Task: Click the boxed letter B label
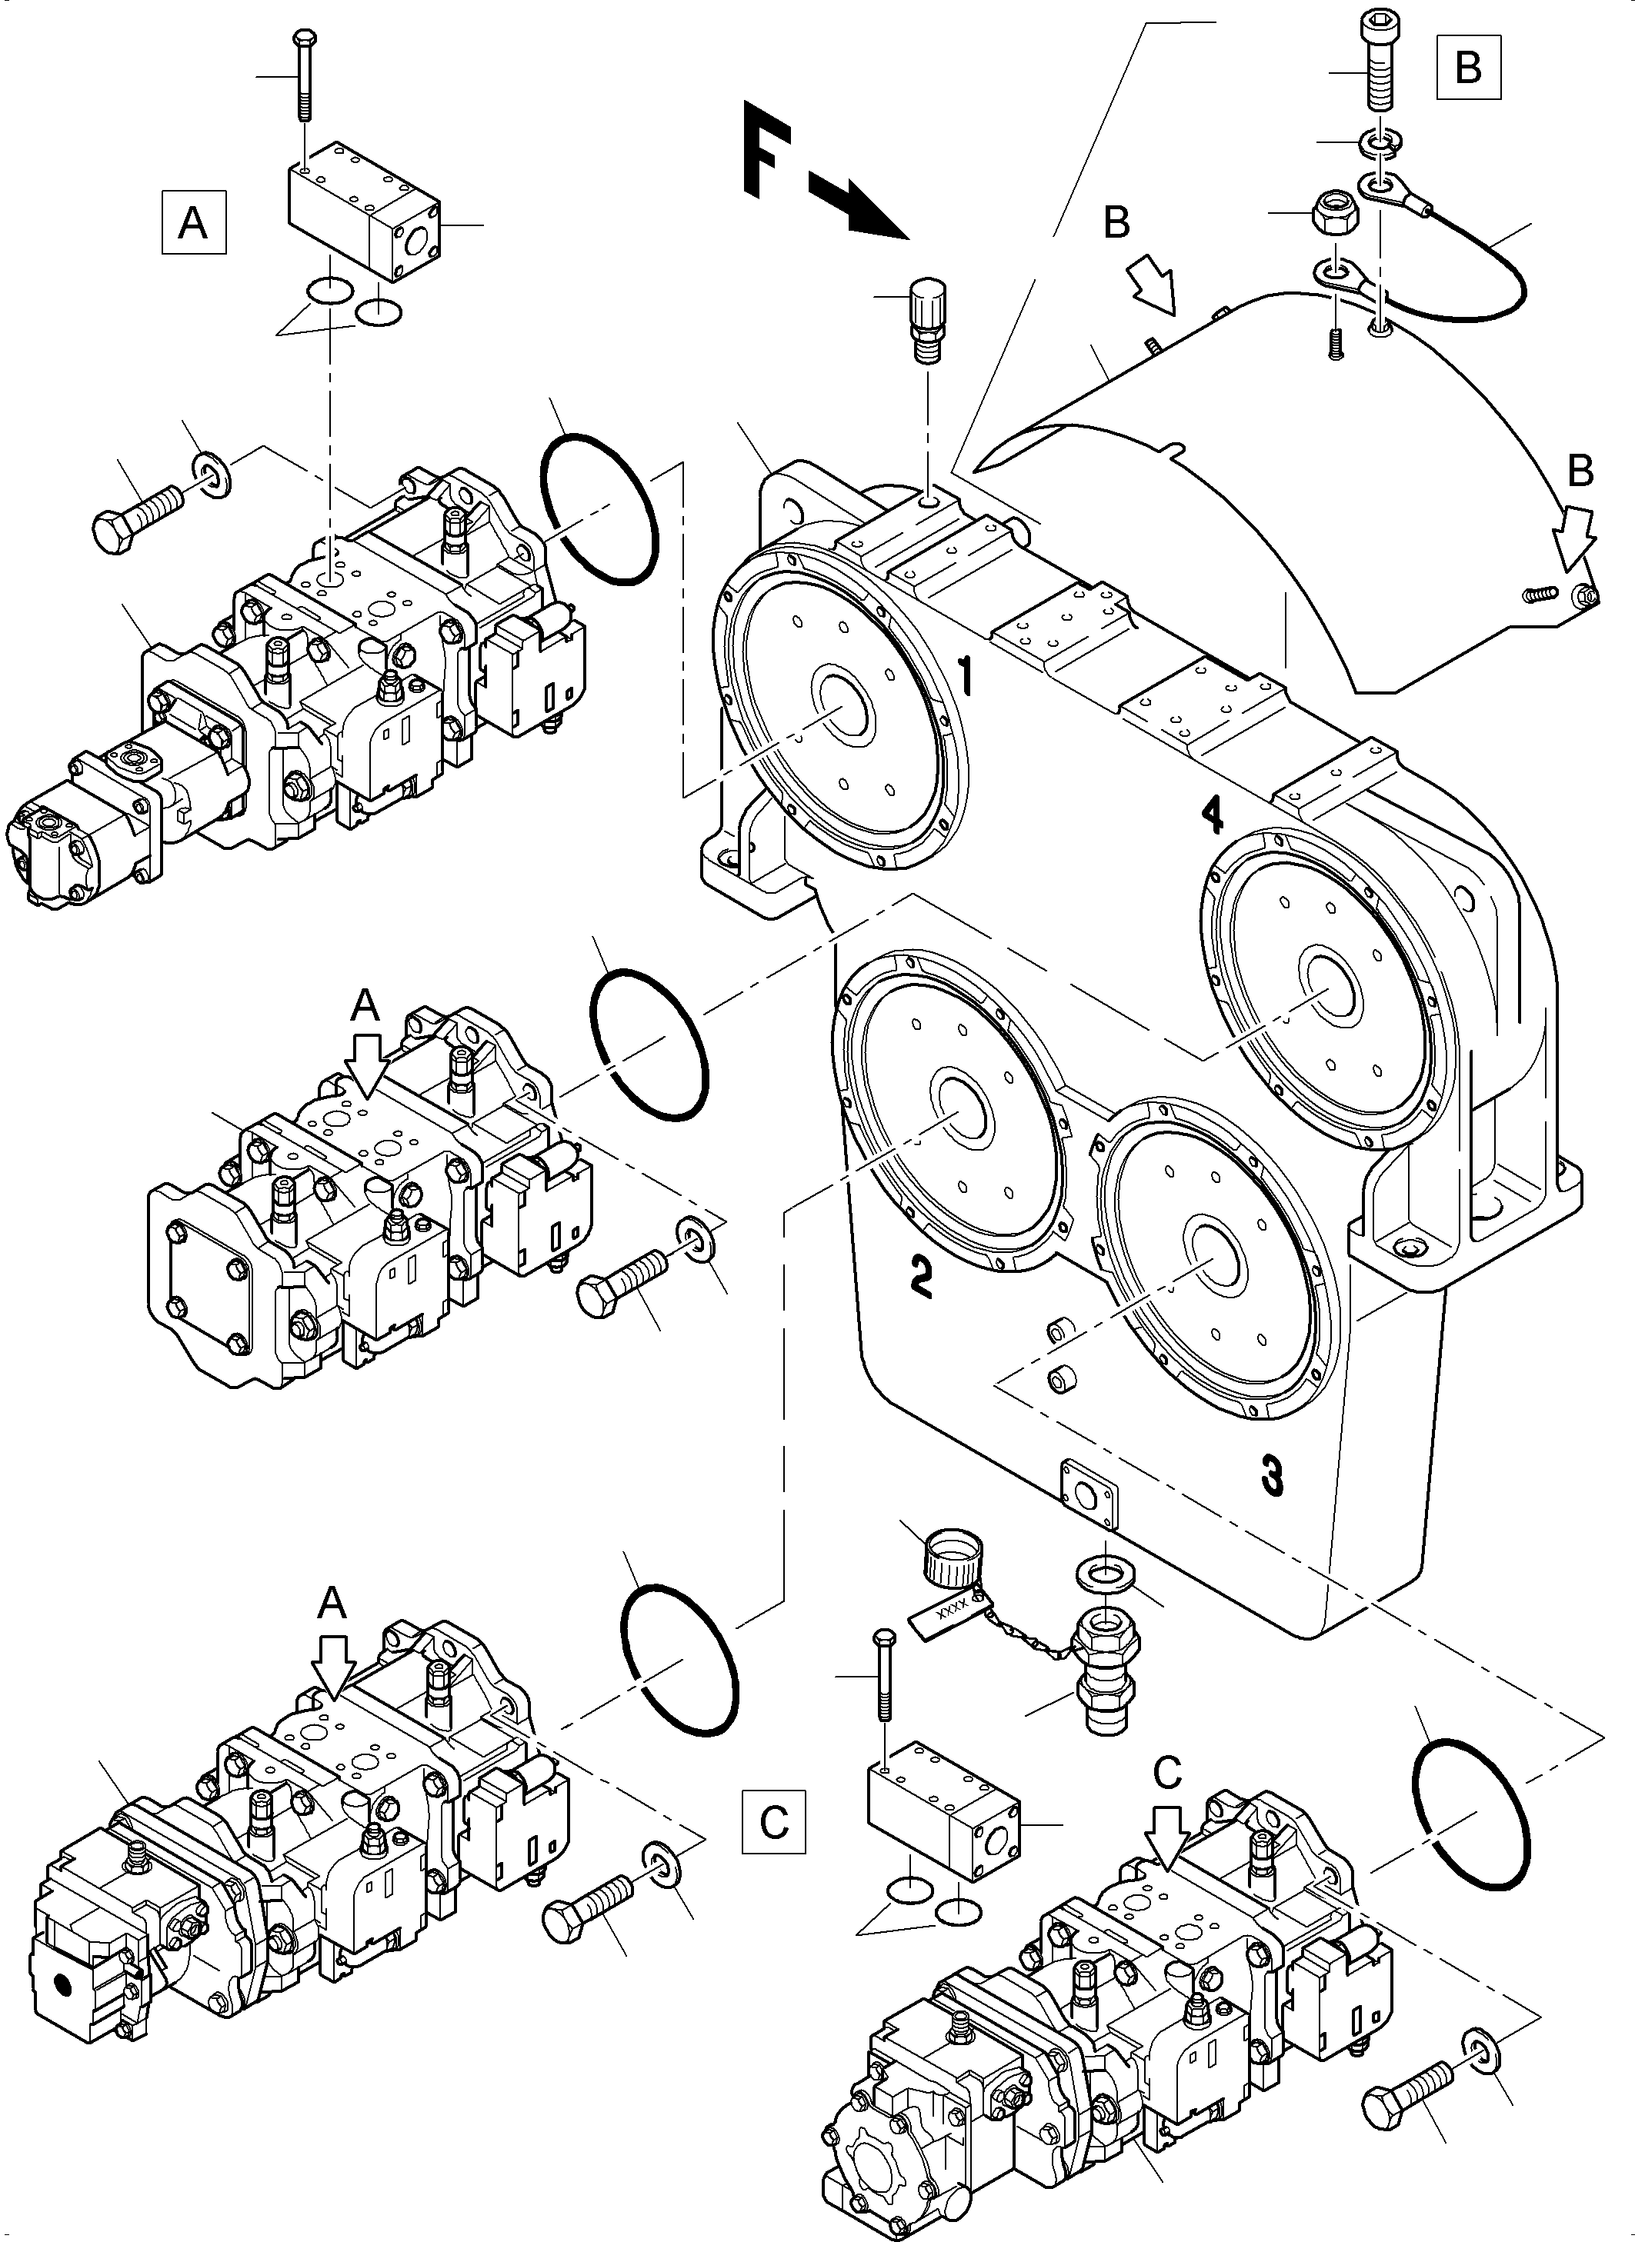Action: click(1469, 66)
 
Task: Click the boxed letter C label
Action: click(774, 1821)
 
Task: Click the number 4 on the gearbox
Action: click(1211, 815)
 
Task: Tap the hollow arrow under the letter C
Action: click(1168, 1845)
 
